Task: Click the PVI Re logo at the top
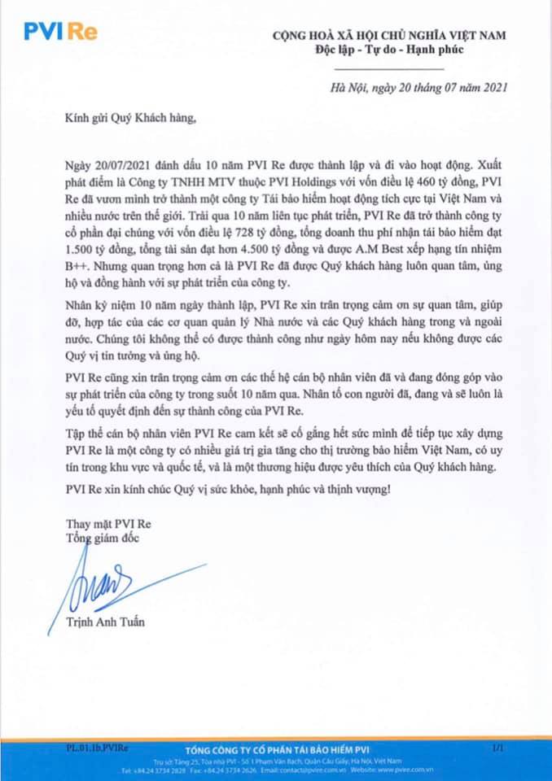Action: pyautogui.click(x=62, y=31)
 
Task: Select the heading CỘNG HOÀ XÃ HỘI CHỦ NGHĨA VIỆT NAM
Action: pyautogui.click(x=389, y=36)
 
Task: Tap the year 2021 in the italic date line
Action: pyautogui.click(x=484, y=89)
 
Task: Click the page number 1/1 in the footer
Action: pyautogui.click(x=497, y=745)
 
